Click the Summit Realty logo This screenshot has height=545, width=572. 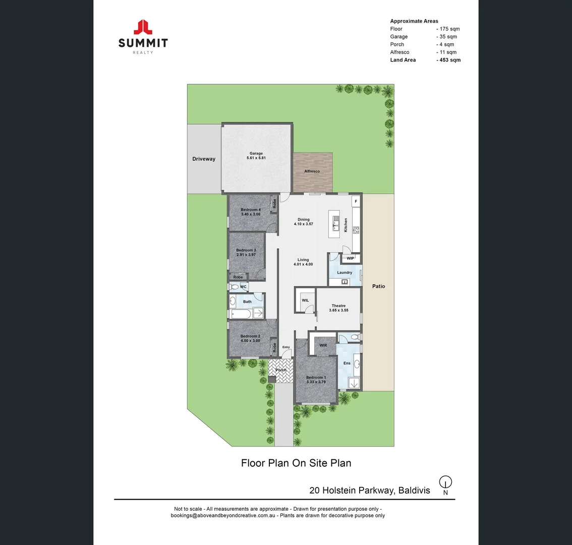click(x=143, y=36)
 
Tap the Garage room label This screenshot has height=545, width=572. click(x=256, y=153)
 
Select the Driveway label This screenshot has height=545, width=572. click(x=204, y=159)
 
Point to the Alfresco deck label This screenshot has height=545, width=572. click(x=312, y=172)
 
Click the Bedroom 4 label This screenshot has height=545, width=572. click(x=251, y=210)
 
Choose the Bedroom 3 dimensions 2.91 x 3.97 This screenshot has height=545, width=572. click(x=246, y=255)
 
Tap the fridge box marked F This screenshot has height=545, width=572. click(x=356, y=201)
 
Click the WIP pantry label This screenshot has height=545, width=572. click(x=350, y=259)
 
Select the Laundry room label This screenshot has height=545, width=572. click(x=345, y=272)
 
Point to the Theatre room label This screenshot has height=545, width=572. click(x=338, y=306)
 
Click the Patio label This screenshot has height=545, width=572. click(x=378, y=286)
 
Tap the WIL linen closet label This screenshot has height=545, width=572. click(x=305, y=300)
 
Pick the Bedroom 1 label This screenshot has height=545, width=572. click(x=316, y=377)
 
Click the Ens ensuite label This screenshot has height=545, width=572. click(x=347, y=363)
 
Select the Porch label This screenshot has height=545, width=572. click(x=281, y=370)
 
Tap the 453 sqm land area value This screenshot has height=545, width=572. click(x=448, y=60)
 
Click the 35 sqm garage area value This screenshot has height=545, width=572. click(x=447, y=37)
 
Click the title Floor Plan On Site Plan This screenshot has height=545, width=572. click(x=296, y=463)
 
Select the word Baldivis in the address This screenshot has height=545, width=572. click(x=414, y=490)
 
